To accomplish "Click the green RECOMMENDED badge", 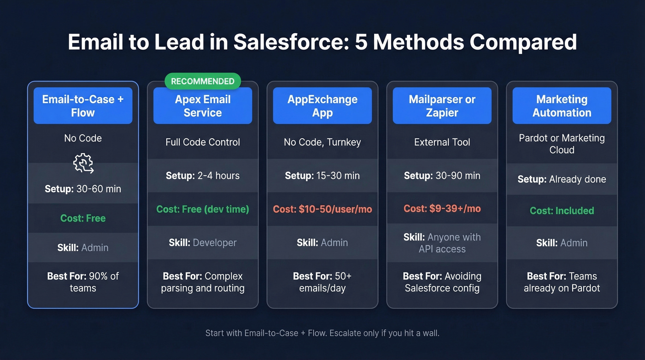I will tap(203, 81).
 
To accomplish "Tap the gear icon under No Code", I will tap(83, 164).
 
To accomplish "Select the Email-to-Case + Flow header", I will tap(83, 106).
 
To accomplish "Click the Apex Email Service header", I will tap(203, 106).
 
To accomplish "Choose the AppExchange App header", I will tap(322, 106).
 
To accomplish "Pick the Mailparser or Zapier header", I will tap(442, 106).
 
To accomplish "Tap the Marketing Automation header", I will tap(562, 106).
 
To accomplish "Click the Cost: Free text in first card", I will tap(83, 218).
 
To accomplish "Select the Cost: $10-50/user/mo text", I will tap(322, 209).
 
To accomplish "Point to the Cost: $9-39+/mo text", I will tap(442, 209).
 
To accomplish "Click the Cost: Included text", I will tap(562, 211).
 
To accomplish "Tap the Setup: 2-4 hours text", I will tap(203, 176).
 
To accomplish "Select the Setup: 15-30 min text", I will tap(322, 176).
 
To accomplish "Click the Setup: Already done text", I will tap(562, 179).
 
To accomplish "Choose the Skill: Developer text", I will tap(203, 242).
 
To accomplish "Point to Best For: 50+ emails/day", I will tap(322, 282).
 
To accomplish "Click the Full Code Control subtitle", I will tap(203, 142).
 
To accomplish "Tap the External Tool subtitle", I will tap(442, 142).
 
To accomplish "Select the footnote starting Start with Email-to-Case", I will tap(322, 333).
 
